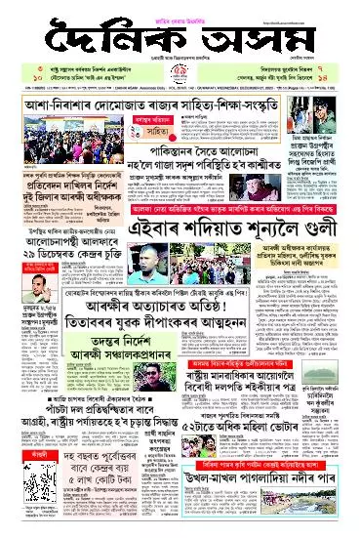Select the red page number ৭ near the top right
(342, 72)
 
